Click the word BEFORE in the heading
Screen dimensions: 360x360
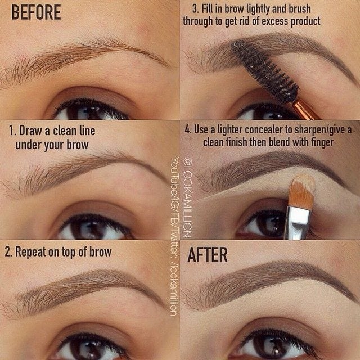click(35, 13)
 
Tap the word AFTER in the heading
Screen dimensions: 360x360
click(208, 255)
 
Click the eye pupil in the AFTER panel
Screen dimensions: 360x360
click(268, 345)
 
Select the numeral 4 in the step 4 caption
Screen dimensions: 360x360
click(188, 130)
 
